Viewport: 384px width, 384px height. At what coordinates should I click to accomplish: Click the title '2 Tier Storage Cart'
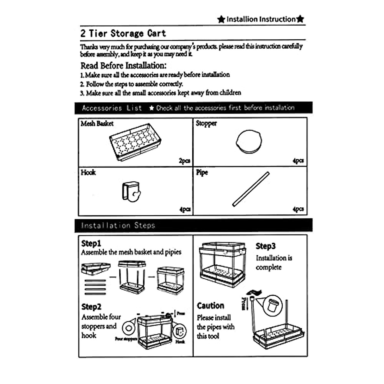(x=123, y=33)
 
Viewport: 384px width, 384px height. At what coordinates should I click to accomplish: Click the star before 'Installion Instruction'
(x=221, y=19)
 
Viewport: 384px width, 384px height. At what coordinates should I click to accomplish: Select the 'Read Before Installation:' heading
(x=124, y=66)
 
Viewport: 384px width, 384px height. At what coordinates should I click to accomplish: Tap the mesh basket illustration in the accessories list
(x=135, y=142)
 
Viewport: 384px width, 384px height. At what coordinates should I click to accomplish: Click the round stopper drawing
(x=249, y=142)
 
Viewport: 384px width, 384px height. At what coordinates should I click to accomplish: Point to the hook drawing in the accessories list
(x=131, y=192)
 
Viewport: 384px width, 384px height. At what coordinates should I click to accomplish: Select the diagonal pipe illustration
(x=251, y=189)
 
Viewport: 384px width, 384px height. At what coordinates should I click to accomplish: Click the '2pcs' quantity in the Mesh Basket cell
(x=184, y=161)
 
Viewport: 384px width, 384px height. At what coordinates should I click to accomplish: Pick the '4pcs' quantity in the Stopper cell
(x=298, y=161)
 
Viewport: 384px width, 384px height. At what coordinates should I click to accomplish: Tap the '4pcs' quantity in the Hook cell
(x=185, y=209)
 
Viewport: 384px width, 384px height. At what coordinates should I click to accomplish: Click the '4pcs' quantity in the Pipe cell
(x=298, y=209)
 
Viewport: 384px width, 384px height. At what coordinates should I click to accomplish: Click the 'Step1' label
(x=91, y=243)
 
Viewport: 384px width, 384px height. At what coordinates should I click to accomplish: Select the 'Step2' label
(x=91, y=307)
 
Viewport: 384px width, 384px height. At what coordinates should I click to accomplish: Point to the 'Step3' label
(x=265, y=246)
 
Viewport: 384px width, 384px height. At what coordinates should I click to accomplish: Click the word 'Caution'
(x=210, y=306)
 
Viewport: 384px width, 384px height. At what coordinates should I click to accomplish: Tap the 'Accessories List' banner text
(x=112, y=108)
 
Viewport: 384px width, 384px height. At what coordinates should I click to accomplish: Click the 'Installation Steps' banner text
(x=118, y=226)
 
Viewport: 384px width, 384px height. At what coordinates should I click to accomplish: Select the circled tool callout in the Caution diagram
(x=273, y=305)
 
